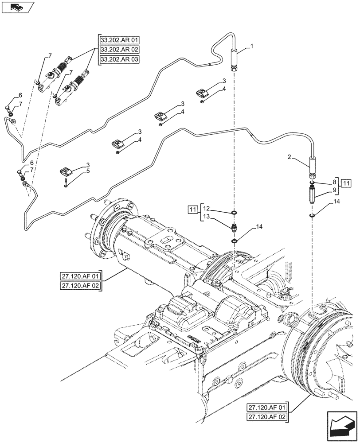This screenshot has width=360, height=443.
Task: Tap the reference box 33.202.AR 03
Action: (x=119, y=59)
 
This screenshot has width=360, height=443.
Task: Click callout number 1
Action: (x=251, y=46)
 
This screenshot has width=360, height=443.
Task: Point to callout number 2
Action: (x=289, y=156)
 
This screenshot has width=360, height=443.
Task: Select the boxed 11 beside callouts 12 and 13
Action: (x=192, y=209)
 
